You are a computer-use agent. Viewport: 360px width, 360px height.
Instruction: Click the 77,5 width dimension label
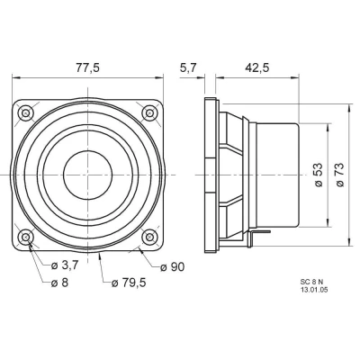point(87,68)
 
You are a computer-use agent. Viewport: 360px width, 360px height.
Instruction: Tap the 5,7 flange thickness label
point(188,68)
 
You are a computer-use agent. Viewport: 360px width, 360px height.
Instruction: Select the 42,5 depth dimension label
point(257,68)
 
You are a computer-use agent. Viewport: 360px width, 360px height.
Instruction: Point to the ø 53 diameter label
point(319,175)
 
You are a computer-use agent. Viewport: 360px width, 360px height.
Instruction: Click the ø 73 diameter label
point(339,175)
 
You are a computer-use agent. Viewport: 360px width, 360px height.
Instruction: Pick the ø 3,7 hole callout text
point(65,265)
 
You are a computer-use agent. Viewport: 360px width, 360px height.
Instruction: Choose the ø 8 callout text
point(59,283)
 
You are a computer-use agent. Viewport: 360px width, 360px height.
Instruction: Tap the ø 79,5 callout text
point(129,283)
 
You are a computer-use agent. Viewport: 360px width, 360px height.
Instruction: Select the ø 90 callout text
point(172,266)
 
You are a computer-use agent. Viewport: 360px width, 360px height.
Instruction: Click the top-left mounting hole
point(25,113)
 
